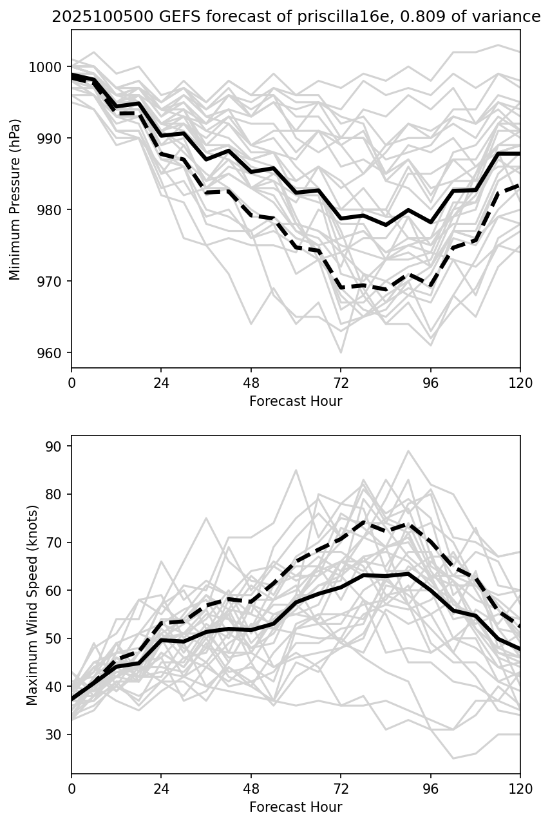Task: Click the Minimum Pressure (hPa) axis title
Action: (15, 199)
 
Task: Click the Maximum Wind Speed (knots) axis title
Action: (32, 604)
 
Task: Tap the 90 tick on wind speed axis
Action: (57, 446)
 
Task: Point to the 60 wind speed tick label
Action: (57, 590)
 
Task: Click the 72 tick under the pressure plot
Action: (341, 382)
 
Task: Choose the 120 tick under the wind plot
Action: (520, 788)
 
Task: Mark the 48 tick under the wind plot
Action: (251, 788)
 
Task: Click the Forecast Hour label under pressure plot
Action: (296, 401)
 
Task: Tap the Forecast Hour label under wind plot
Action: (296, 807)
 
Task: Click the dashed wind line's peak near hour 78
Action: (364, 522)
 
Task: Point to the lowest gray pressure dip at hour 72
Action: (341, 352)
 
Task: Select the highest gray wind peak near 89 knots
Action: (408, 451)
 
